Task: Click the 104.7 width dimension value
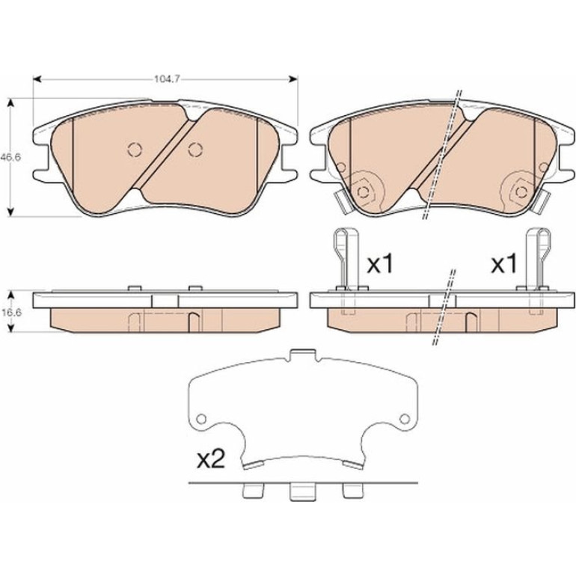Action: pyautogui.click(x=166, y=79)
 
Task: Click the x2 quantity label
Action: pyautogui.click(x=210, y=459)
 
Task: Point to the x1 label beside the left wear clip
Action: pyautogui.click(x=380, y=265)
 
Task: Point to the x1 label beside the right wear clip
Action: pyautogui.click(x=504, y=265)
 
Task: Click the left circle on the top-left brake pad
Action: pyautogui.click(x=135, y=149)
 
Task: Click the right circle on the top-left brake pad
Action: pyautogui.click(x=195, y=149)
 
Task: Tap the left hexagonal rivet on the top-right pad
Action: pyautogui.click(x=364, y=192)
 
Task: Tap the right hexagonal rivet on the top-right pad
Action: pyautogui.click(x=521, y=192)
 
